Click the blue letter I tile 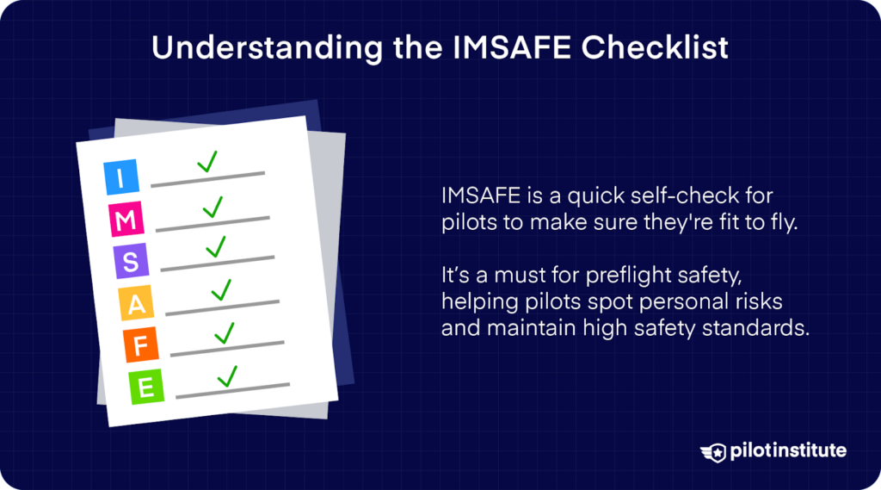[120, 179]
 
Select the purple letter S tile [131, 262]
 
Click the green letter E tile [147, 388]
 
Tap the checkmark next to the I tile [206, 162]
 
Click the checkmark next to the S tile [216, 246]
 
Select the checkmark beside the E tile [227, 376]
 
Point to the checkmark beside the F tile [225, 332]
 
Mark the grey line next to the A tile [223, 306]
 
